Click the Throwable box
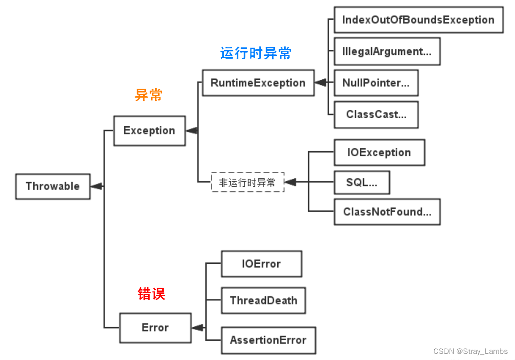click(x=53, y=186)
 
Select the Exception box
click(x=149, y=130)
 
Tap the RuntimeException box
click(x=258, y=83)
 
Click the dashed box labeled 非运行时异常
click(x=248, y=182)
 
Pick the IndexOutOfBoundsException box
click(x=418, y=20)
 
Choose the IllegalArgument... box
click(x=387, y=52)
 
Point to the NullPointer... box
click(x=376, y=83)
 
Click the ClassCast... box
click(x=376, y=115)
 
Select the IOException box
click(x=379, y=153)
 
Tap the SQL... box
click(x=362, y=183)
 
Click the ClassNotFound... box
click(x=387, y=212)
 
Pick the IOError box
click(x=261, y=264)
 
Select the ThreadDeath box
click(x=263, y=300)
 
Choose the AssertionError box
click(x=268, y=340)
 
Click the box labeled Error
click(x=155, y=328)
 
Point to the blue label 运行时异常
click(x=256, y=53)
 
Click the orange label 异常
click(x=149, y=95)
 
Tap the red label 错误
click(x=151, y=294)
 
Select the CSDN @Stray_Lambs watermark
click(x=470, y=351)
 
